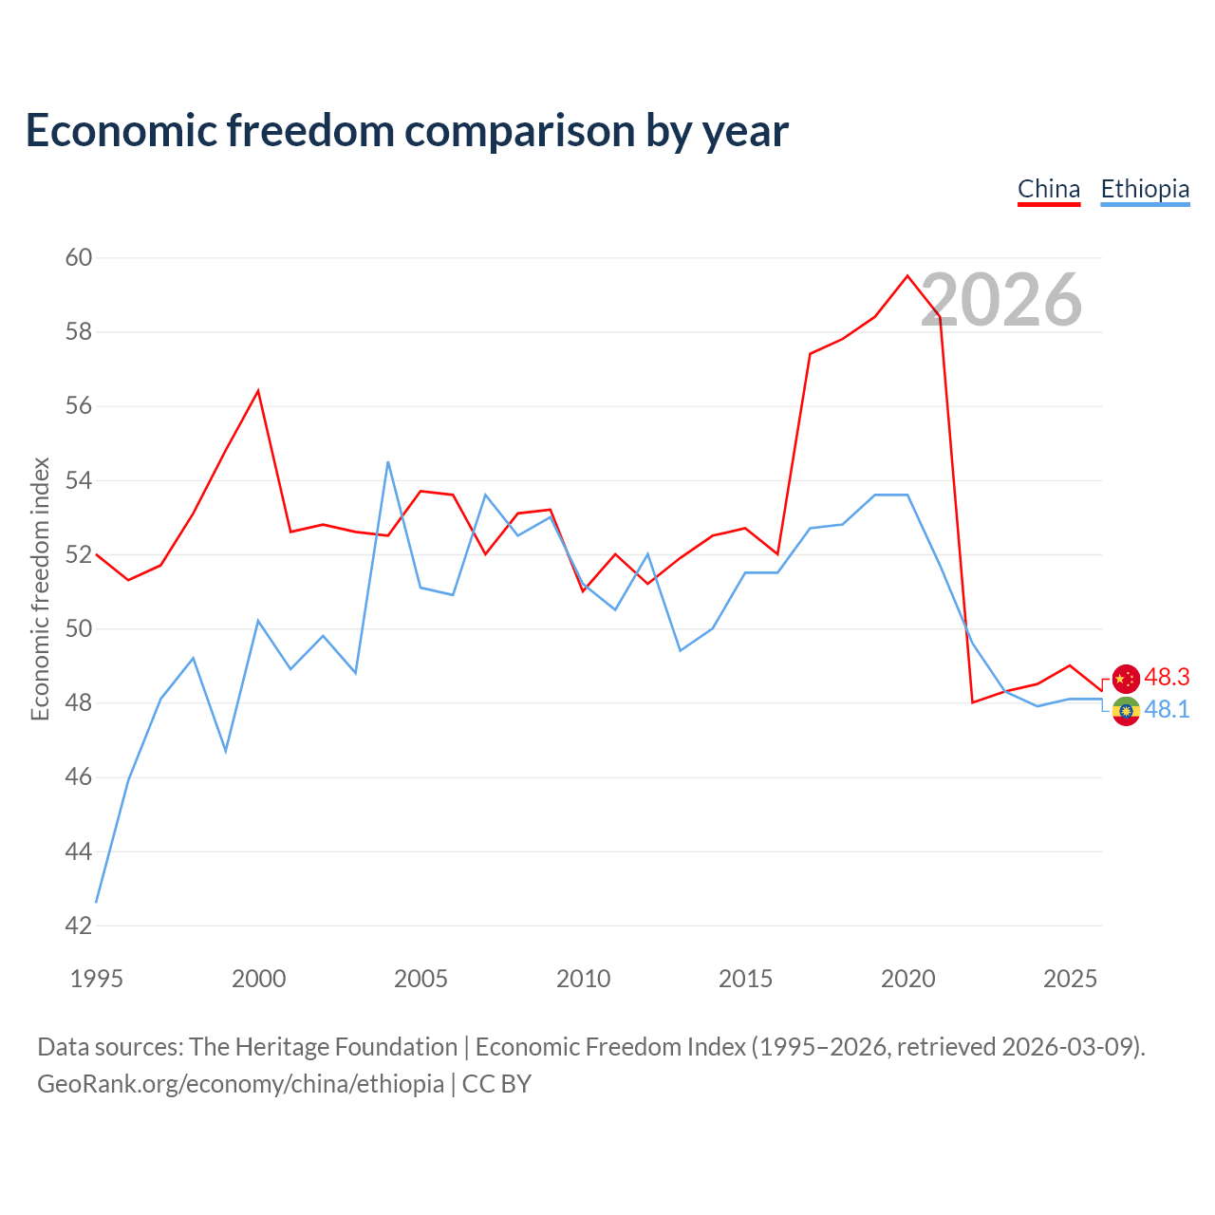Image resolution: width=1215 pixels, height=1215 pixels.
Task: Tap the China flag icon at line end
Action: pos(1126,679)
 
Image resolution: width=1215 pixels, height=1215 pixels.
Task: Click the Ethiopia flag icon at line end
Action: pos(1126,711)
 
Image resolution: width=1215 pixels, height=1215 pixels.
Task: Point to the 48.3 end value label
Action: pos(1167,677)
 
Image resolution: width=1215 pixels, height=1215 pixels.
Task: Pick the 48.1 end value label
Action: pos(1167,709)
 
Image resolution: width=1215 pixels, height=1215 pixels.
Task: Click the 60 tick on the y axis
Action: pos(78,257)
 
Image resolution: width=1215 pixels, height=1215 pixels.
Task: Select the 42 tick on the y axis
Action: pos(78,925)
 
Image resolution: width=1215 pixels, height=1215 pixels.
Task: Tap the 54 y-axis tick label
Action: pos(78,480)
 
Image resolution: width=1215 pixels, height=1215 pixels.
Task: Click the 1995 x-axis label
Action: pos(97,980)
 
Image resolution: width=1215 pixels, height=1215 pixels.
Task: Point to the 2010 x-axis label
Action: pos(583,980)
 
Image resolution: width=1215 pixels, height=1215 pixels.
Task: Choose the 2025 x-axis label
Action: pos(1070,980)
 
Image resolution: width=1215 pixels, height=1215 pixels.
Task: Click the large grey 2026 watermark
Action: pos(1001,300)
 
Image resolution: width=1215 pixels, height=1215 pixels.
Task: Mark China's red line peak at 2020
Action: pos(907,275)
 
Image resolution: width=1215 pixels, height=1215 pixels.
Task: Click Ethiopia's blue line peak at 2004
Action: pos(388,462)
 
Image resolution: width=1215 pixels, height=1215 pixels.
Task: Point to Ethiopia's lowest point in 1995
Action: pos(97,903)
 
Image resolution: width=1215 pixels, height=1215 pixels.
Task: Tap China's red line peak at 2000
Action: pos(258,391)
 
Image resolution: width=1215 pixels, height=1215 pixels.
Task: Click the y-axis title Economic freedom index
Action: pos(41,589)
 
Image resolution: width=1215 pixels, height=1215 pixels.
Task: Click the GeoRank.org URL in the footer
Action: pos(241,1084)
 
